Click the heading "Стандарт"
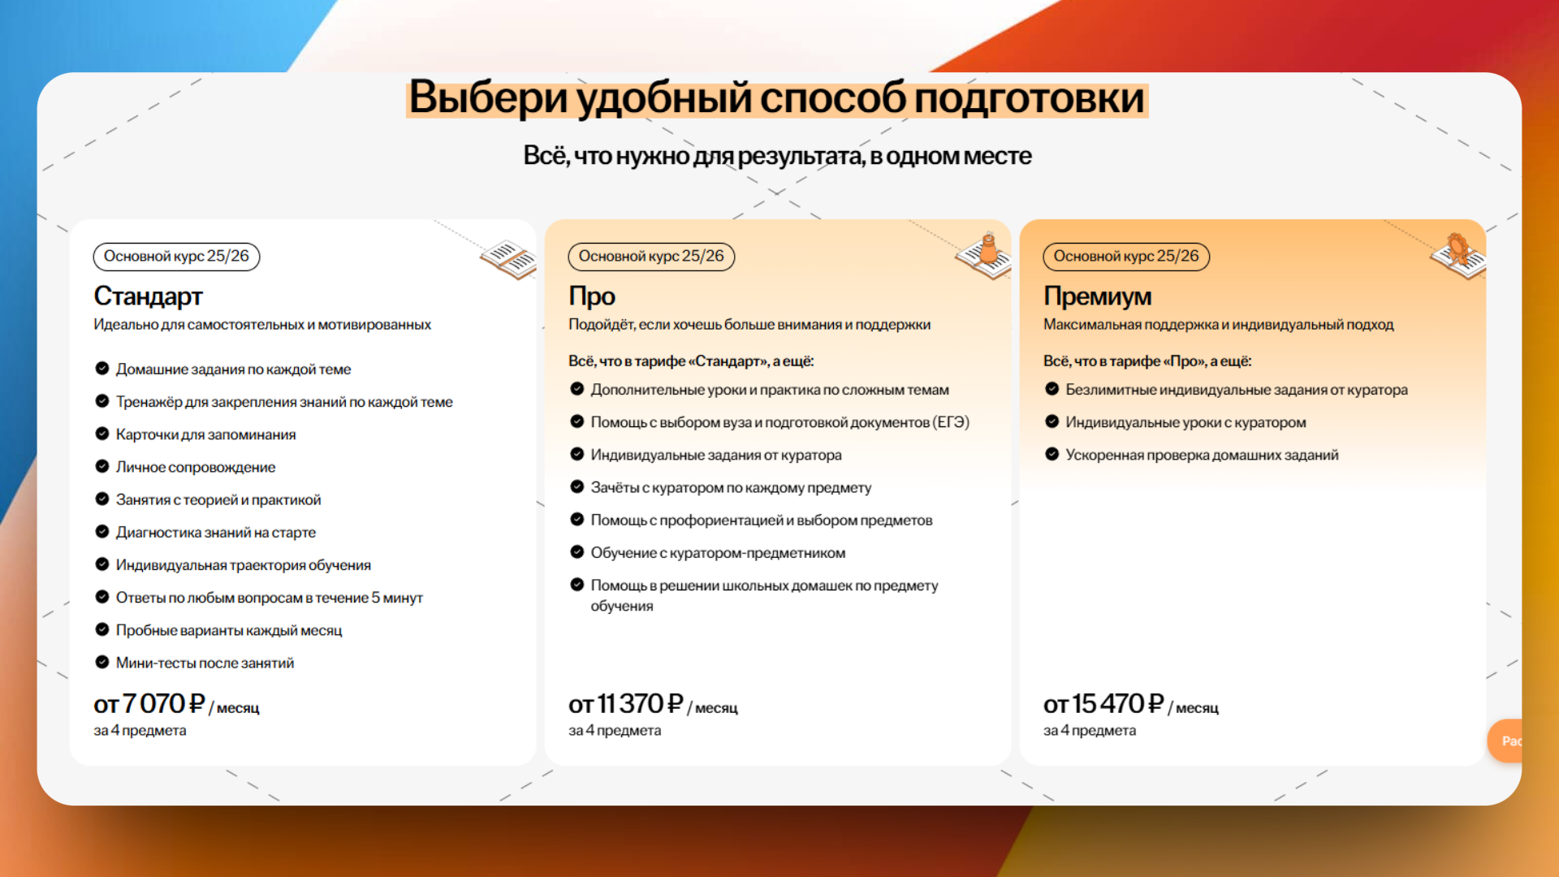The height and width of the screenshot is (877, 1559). click(148, 296)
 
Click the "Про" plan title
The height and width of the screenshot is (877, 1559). click(592, 296)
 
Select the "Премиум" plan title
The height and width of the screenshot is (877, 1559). click(1097, 296)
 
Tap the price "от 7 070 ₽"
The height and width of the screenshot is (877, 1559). click(149, 704)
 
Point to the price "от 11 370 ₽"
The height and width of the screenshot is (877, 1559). click(626, 704)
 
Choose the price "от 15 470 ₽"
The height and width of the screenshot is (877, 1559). click(1103, 704)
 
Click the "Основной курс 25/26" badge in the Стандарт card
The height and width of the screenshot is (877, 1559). click(176, 257)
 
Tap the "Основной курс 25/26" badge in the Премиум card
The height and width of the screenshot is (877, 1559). click(1126, 257)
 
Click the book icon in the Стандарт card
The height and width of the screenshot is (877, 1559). click(508, 258)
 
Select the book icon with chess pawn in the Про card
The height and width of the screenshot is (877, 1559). click(984, 255)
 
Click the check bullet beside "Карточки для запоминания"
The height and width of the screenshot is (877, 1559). click(102, 434)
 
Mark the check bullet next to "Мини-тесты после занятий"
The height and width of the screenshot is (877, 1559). click(102, 662)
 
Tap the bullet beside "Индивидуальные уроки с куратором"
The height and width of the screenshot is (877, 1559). click(1052, 421)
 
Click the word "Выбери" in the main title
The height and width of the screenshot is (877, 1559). click(488, 98)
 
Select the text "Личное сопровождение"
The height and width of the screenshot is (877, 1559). click(196, 467)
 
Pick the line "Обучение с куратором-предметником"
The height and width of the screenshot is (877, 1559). click(718, 553)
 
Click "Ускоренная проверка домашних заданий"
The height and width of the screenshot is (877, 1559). click(1202, 456)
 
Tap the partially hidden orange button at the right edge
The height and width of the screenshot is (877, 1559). click(1505, 741)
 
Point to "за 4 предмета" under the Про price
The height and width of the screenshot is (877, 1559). click(615, 731)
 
